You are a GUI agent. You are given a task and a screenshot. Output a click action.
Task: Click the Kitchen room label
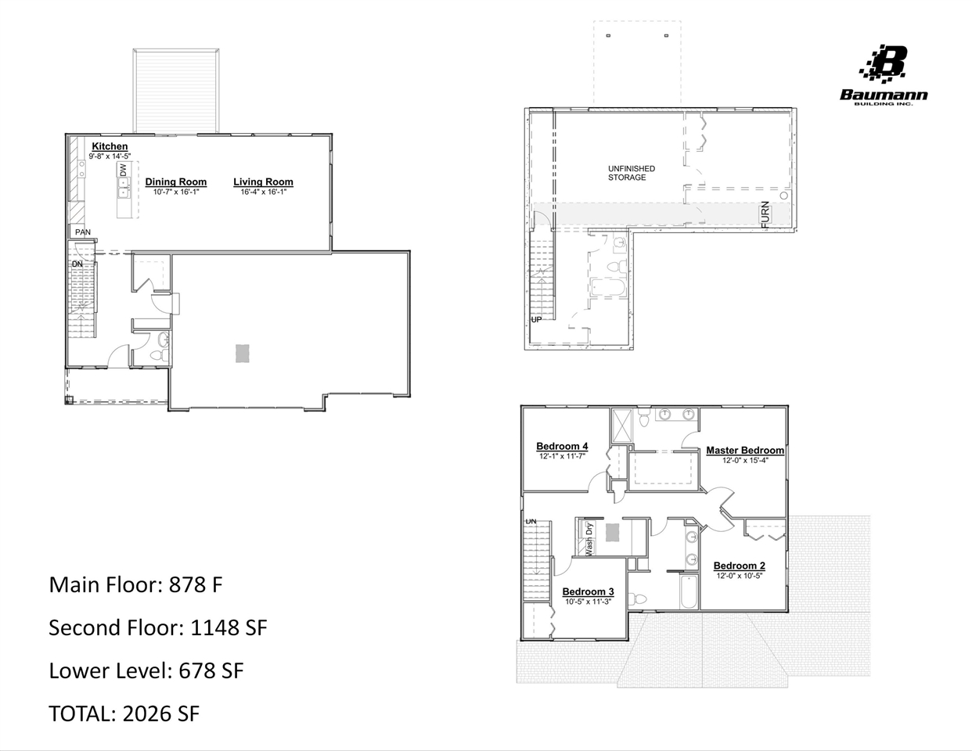(x=110, y=146)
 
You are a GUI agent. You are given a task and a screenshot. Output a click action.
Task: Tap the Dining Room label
(x=176, y=182)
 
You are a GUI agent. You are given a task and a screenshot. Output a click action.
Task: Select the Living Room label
(x=263, y=182)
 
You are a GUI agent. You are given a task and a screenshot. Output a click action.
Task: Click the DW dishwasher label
(x=123, y=170)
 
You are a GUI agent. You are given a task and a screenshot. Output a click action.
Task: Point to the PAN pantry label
(x=82, y=232)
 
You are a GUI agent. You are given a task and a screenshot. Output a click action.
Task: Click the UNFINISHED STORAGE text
(x=631, y=173)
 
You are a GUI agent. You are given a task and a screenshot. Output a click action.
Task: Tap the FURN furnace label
(x=765, y=214)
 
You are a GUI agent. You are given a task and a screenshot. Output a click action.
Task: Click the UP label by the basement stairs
(x=536, y=319)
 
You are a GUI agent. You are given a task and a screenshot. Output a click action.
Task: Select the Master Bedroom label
(x=744, y=451)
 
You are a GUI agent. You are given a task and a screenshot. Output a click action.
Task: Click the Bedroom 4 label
(x=562, y=447)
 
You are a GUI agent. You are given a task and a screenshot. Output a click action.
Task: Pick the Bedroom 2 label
(x=739, y=566)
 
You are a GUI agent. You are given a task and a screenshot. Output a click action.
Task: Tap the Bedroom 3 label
(x=588, y=592)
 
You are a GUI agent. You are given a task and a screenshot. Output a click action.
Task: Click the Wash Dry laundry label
(x=589, y=538)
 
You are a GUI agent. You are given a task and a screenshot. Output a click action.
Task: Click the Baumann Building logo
(x=884, y=75)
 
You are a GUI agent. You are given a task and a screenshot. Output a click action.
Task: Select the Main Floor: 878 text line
(x=135, y=584)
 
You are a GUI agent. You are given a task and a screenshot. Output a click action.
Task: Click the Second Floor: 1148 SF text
(x=157, y=627)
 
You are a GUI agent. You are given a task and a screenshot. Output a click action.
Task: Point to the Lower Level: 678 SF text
(x=146, y=670)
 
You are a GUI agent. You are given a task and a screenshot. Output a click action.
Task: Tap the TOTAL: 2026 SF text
(x=124, y=713)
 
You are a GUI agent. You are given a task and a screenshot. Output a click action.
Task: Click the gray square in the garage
(x=243, y=354)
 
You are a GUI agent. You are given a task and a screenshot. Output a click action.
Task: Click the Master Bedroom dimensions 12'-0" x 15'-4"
(x=745, y=461)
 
